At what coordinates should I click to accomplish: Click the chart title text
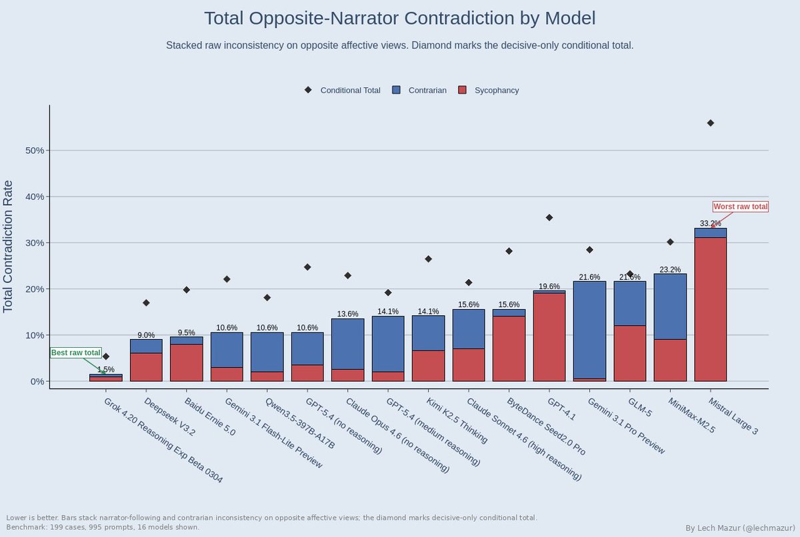tap(399, 18)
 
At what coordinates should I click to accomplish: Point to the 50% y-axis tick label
tap(35, 151)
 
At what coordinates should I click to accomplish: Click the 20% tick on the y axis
tap(35, 289)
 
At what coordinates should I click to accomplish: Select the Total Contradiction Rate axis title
tap(9, 246)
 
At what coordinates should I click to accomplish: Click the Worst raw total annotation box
tap(740, 207)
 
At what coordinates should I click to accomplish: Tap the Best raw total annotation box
tap(76, 352)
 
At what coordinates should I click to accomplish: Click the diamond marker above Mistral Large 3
tap(710, 123)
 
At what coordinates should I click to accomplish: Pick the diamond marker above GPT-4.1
tap(549, 218)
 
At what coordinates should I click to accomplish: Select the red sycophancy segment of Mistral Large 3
tap(710, 310)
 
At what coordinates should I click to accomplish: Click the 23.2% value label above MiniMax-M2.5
tap(670, 270)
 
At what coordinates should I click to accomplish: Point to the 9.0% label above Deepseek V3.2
tap(146, 335)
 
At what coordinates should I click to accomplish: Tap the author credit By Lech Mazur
tap(739, 528)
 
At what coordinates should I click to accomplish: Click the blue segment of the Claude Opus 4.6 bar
tap(347, 344)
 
